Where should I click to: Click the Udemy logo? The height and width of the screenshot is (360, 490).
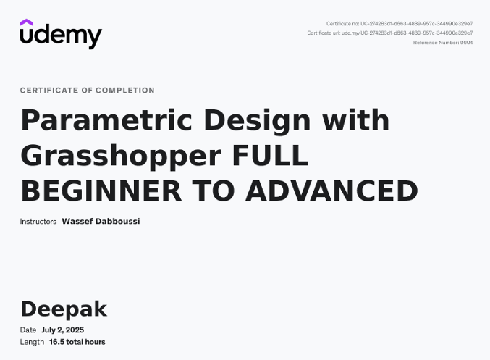click(x=61, y=34)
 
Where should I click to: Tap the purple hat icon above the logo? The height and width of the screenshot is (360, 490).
click(x=26, y=22)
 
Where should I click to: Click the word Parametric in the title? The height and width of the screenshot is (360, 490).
click(x=106, y=120)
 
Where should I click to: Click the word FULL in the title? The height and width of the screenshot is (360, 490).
click(x=270, y=156)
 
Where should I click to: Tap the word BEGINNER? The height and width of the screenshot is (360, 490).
click(x=101, y=191)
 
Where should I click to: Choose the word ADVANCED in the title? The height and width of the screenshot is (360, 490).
click(x=332, y=191)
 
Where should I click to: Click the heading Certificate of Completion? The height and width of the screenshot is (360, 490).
click(x=87, y=91)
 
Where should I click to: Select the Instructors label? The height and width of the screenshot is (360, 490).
click(x=38, y=222)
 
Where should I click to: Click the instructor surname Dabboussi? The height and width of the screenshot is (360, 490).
click(x=117, y=221)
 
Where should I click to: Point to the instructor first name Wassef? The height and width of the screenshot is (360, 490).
click(x=77, y=221)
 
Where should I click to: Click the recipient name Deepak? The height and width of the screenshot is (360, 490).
click(x=64, y=309)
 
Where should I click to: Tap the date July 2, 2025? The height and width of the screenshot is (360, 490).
click(x=62, y=330)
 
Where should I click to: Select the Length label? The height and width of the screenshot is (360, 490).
click(x=32, y=342)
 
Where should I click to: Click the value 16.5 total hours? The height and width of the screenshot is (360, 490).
click(x=77, y=342)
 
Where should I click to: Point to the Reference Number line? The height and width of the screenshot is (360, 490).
click(x=443, y=43)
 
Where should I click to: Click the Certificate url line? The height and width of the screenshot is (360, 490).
click(x=390, y=33)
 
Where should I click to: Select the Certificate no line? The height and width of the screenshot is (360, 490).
click(x=400, y=23)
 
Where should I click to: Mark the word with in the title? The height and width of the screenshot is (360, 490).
click(x=355, y=120)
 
